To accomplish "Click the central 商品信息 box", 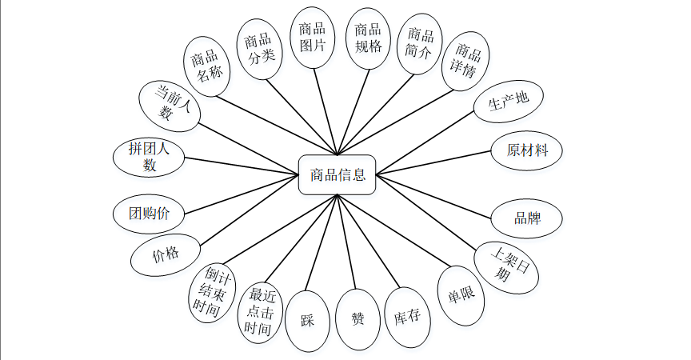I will [x=337, y=174].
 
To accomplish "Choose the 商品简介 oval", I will [x=420, y=43].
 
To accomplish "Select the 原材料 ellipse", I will [x=529, y=150].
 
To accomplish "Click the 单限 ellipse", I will [x=461, y=295].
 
